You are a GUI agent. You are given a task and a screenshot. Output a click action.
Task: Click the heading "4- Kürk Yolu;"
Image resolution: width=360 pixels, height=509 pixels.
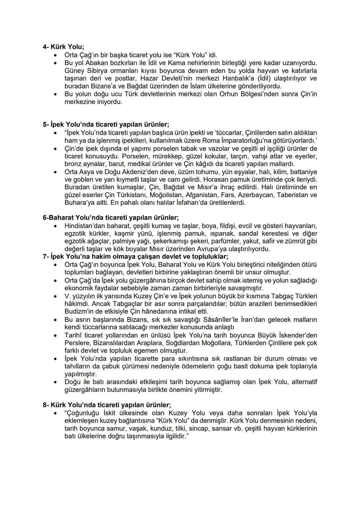tap(63, 47)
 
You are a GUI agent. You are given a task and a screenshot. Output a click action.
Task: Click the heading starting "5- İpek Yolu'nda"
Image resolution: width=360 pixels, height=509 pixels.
tap(106, 125)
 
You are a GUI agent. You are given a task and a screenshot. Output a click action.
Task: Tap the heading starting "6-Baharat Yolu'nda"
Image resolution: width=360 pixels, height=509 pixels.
tap(111, 218)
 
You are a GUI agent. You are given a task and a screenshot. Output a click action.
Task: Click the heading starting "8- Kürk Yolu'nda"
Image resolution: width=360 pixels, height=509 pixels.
tap(107, 405)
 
